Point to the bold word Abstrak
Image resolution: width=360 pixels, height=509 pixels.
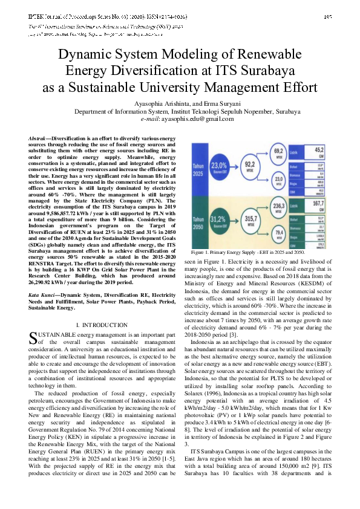[x=39, y=138]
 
